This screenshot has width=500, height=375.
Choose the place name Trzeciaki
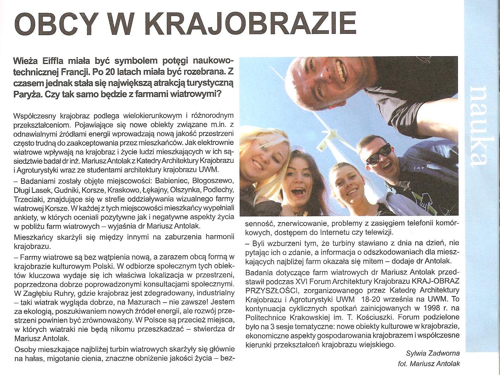(29, 199)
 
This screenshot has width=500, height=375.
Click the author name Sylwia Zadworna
(432, 353)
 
